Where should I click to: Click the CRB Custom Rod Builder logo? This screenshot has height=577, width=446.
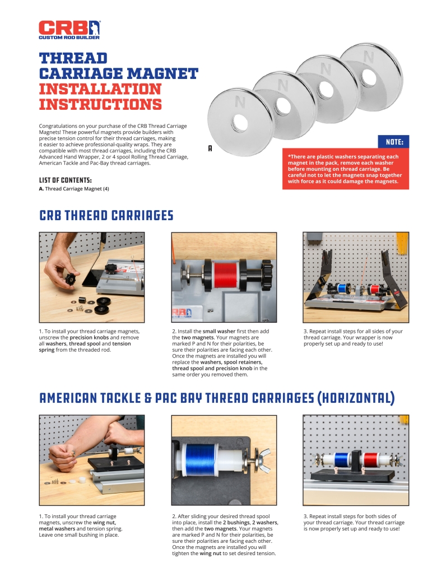pos(69,30)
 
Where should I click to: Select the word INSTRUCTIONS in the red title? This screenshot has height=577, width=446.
pos(100,105)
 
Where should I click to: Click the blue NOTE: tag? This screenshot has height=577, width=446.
pos(393,142)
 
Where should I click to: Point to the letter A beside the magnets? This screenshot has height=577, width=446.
pos(210,148)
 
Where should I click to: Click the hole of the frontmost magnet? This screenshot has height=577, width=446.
pos(240,123)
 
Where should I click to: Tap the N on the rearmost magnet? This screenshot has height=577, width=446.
pos(368,57)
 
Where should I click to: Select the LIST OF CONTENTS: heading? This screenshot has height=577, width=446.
pos(65,180)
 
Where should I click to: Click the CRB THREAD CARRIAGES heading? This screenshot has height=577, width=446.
pos(106,215)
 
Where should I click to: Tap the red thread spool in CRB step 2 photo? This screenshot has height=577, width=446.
pos(225,275)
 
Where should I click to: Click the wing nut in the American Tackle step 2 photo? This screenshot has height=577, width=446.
pos(263,460)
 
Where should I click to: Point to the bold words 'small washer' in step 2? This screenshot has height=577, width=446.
pos(219,331)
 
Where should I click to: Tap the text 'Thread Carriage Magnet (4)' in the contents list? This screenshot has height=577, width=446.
pos(77,189)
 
